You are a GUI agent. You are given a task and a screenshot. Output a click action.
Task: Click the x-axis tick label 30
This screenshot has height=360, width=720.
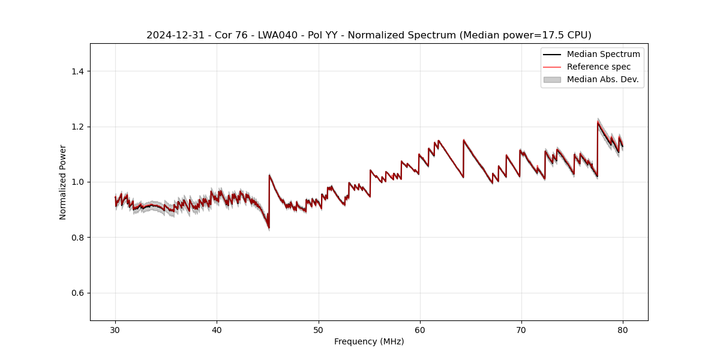click(x=115, y=329)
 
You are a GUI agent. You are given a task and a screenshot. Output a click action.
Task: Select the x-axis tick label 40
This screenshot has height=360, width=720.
click(x=217, y=329)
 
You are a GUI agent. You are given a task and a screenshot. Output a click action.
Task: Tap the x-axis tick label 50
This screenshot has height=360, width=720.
click(x=319, y=329)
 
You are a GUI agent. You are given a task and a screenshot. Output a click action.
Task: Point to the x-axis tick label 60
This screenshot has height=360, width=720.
click(x=420, y=329)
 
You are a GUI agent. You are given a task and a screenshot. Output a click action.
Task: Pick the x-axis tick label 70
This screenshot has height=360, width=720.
click(x=521, y=329)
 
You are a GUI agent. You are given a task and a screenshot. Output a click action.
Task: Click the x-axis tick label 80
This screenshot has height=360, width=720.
click(x=623, y=329)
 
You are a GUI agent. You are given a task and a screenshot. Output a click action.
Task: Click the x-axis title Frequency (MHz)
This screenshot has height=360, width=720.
click(x=369, y=341)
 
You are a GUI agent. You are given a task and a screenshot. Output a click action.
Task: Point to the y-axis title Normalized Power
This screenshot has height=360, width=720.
click(x=63, y=182)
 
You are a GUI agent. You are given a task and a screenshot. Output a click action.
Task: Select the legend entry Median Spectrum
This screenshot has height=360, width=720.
click(x=603, y=54)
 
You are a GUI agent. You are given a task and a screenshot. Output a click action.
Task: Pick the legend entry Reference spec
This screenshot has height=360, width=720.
click(x=598, y=67)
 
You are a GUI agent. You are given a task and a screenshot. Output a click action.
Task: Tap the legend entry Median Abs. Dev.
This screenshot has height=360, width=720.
click(x=602, y=79)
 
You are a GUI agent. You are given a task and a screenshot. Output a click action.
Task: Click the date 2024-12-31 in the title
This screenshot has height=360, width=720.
click(x=172, y=35)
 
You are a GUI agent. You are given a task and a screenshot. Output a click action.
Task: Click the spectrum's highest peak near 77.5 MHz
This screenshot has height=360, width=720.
click(x=598, y=123)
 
